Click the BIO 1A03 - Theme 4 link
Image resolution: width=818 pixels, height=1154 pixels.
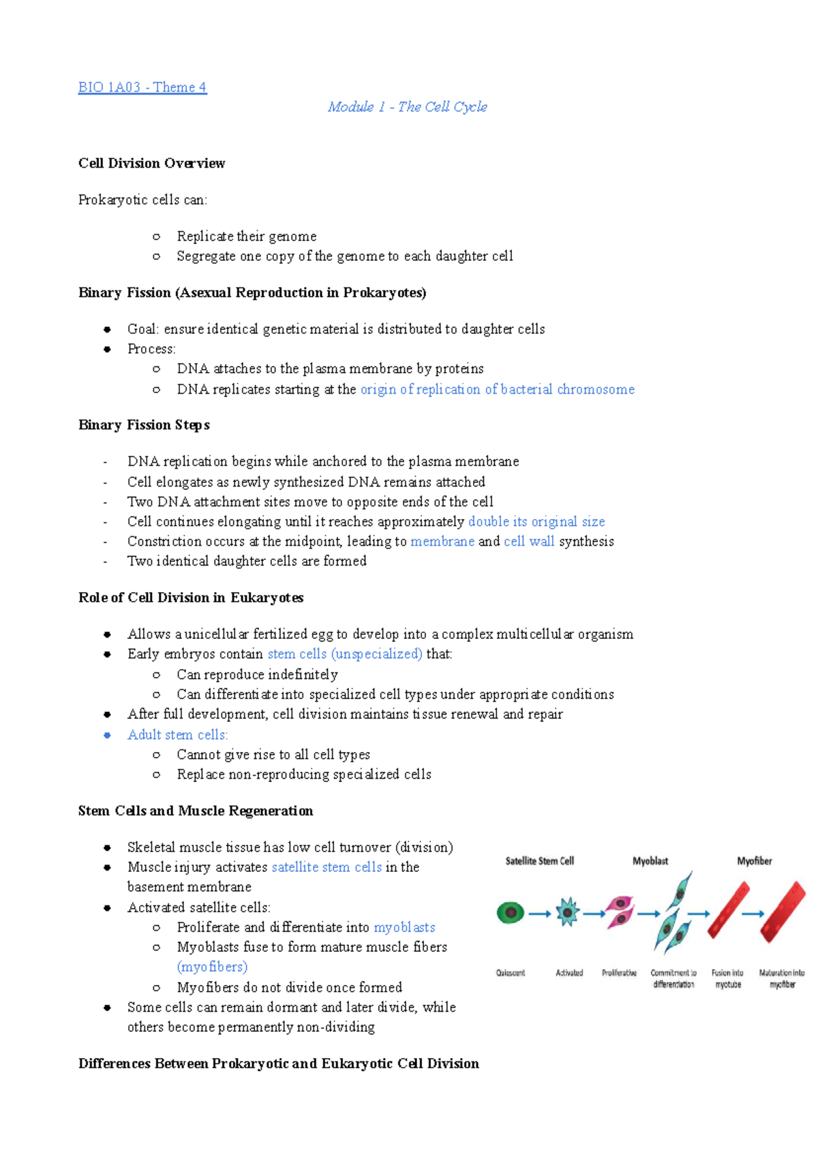[x=142, y=87]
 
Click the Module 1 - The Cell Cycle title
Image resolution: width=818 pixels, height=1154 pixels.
[x=407, y=107]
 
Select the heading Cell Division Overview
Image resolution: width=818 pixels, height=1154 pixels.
[x=151, y=163]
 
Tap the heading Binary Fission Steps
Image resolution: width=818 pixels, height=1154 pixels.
[x=144, y=425]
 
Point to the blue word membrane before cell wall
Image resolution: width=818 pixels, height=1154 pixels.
[x=442, y=542]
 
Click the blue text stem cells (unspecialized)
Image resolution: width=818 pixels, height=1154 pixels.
[x=345, y=654]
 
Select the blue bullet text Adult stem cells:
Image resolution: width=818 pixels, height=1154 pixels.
[x=177, y=735]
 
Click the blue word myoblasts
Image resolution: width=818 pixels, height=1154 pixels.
[x=404, y=927]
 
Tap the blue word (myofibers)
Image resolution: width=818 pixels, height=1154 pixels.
[x=212, y=967]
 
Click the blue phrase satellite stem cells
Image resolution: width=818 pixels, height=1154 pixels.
[x=327, y=867]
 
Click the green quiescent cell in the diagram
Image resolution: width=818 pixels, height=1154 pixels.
[x=511, y=913]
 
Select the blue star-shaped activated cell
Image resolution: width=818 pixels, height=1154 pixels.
[x=567, y=913]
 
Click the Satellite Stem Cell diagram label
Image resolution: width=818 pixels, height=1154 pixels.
[x=539, y=861]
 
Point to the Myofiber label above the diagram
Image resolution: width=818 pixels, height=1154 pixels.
[x=754, y=861]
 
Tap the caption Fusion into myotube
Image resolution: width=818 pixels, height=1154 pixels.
[x=727, y=978]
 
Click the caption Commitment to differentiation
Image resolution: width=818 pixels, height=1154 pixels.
[x=673, y=978]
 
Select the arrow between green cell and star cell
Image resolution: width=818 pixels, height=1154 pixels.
[x=539, y=914]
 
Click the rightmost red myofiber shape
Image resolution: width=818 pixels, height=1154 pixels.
[x=783, y=911]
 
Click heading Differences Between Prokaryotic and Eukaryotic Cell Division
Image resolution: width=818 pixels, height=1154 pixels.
[x=278, y=1064]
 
